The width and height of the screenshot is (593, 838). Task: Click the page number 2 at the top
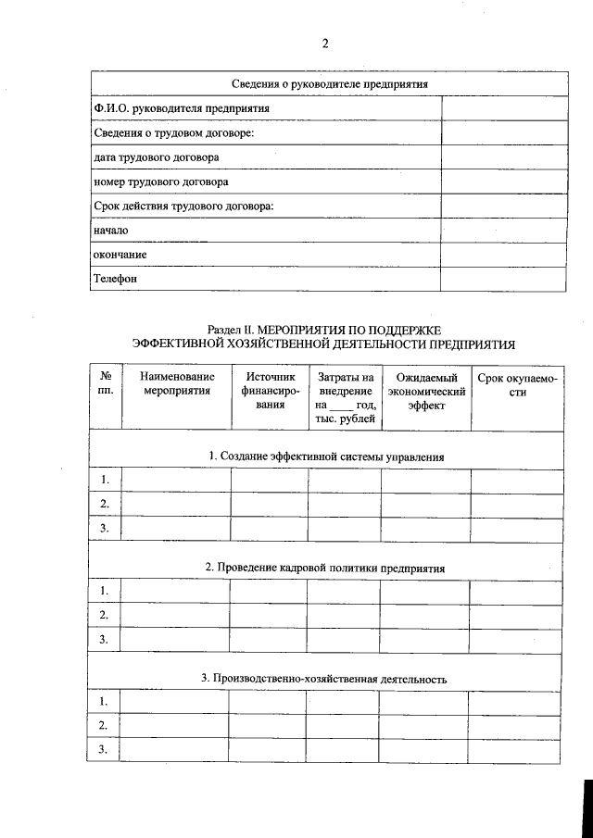[x=324, y=44]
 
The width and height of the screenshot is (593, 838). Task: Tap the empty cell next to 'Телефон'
[x=502, y=278]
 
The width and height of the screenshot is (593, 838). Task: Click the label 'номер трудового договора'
[x=160, y=181]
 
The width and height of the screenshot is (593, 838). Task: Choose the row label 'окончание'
[x=120, y=254]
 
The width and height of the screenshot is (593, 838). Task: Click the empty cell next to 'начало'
[x=502, y=230]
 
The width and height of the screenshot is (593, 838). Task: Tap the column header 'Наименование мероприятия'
[x=176, y=384]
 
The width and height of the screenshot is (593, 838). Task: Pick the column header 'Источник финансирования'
[x=270, y=391]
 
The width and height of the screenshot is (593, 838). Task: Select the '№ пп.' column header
[x=106, y=384]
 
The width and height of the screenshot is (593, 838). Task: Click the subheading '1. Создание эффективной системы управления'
[x=326, y=457]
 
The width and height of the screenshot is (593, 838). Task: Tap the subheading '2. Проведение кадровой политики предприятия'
[x=324, y=568]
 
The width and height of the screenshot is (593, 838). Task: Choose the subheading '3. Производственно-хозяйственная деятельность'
[x=324, y=679]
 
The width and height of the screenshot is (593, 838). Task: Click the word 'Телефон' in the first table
[x=115, y=278]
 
